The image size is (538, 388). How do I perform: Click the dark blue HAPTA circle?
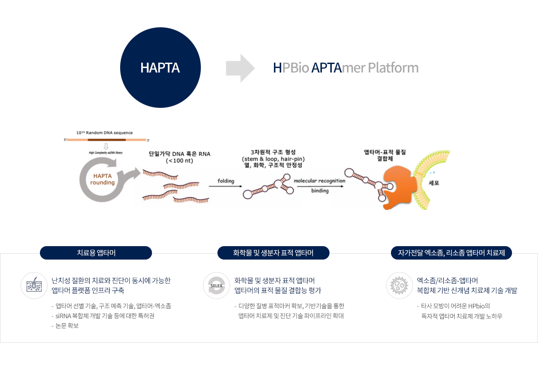160,68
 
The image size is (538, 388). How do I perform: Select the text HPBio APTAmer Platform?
346,68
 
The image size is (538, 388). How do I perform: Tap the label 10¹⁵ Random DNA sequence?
104,133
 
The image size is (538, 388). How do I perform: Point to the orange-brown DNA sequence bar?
106,140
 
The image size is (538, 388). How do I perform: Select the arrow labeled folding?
226,186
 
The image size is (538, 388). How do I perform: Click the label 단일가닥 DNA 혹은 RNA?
179,154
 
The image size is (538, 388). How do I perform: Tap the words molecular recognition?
319,181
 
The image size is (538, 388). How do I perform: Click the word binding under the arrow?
320,191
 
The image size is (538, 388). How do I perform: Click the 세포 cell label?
434,183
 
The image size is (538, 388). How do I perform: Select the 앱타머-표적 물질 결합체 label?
385,155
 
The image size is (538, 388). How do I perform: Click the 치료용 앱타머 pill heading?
96,253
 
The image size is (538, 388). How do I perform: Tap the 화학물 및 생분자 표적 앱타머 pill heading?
273,253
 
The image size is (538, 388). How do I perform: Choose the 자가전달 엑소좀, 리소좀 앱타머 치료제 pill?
451,253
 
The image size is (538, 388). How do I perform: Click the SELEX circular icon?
217,286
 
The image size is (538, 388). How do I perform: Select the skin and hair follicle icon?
34,286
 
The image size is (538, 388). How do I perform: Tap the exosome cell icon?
399,286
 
